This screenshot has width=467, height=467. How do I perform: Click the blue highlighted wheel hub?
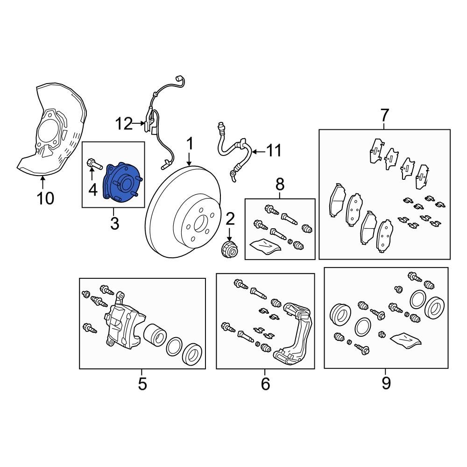click(122, 183)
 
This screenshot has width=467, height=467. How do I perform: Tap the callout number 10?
click(46, 198)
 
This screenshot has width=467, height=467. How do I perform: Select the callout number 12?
click(124, 123)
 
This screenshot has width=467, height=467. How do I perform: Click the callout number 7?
click(384, 115)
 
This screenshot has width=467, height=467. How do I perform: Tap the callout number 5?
click(142, 384)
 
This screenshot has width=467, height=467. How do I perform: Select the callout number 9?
click(386, 383)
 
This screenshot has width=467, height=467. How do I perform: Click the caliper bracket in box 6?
click(293, 333)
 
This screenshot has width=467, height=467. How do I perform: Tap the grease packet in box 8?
click(265, 246)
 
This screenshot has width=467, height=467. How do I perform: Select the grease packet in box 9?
click(406, 340)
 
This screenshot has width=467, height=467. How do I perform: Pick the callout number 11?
click(274, 151)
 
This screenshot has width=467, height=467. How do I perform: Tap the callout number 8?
click(280, 184)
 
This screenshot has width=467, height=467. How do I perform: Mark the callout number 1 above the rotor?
click(190, 143)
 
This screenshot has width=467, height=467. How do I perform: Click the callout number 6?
click(265, 384)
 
